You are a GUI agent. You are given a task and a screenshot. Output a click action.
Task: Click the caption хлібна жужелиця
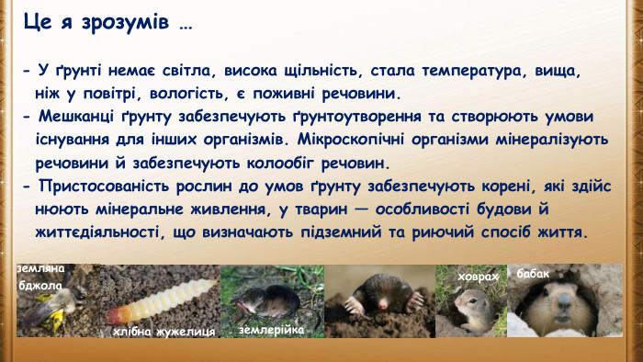pos(164,330)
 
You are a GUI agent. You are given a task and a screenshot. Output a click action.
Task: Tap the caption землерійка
pos(271,328)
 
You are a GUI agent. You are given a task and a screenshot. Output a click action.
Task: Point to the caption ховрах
pos(479,276)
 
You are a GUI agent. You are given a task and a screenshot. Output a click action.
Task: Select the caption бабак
pos(534,274)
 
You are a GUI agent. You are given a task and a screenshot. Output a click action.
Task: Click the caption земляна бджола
pos(40,277)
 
